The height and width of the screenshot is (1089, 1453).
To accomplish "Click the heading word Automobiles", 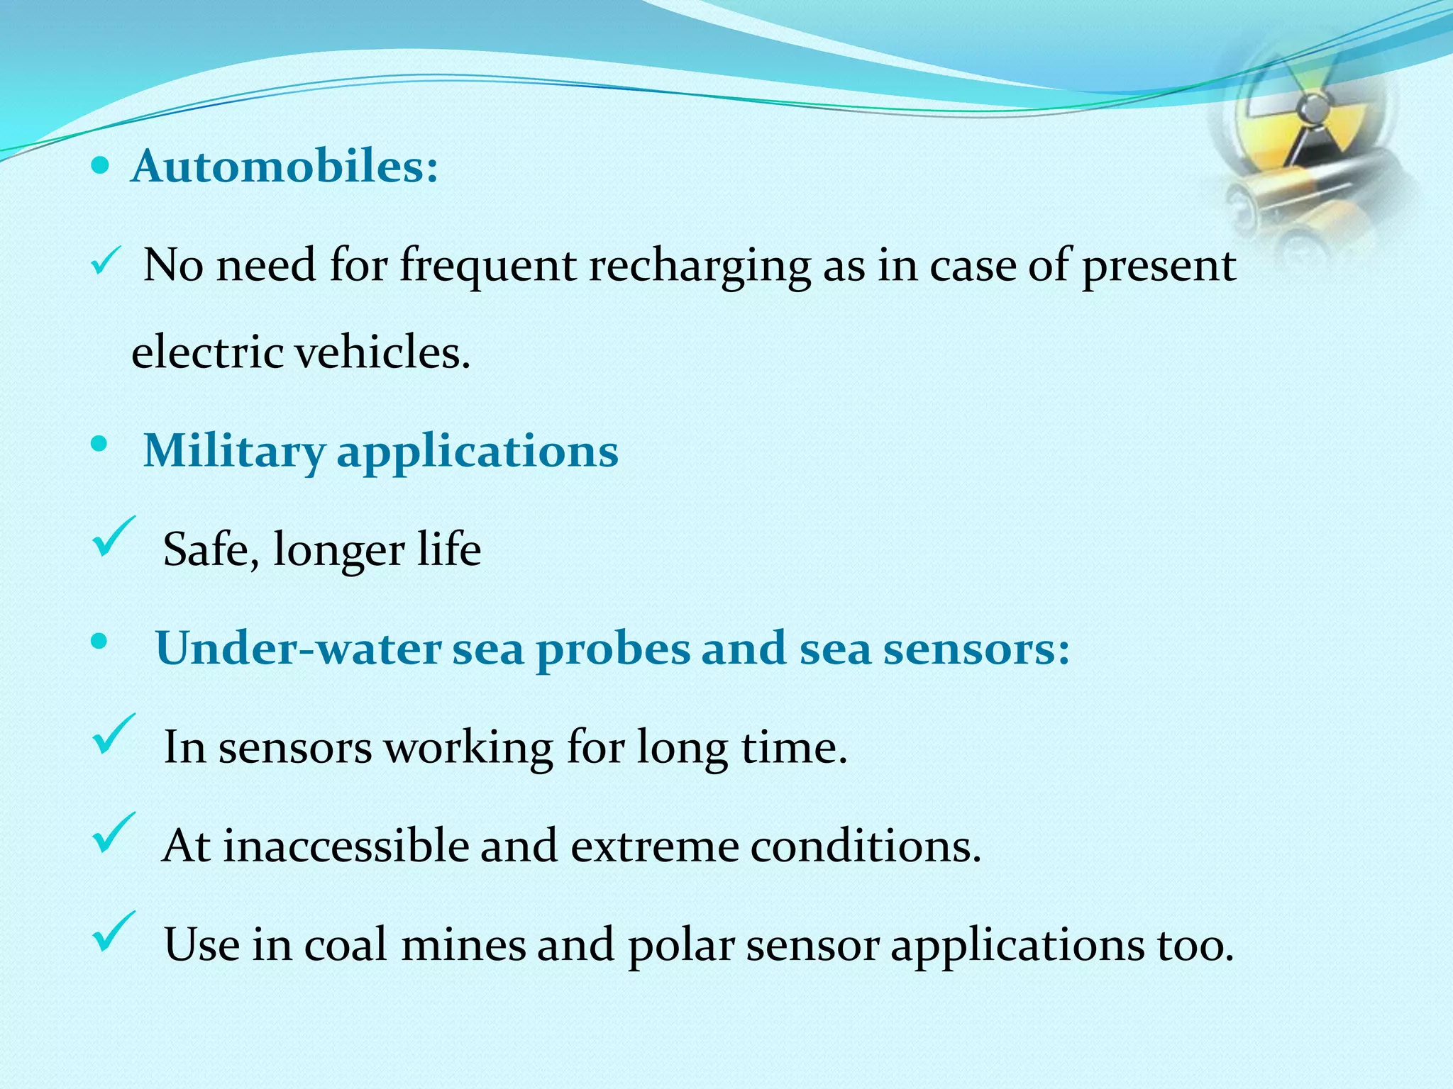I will point(284,167).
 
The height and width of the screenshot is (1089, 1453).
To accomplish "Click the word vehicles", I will point(382,352).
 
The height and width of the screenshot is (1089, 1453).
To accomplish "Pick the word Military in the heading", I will point(234,452).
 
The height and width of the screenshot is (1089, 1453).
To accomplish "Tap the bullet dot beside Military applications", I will point(99,445).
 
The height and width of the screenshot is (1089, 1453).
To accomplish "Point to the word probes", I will point(613,649).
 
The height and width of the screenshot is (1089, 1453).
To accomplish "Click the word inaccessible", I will point(346,846).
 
